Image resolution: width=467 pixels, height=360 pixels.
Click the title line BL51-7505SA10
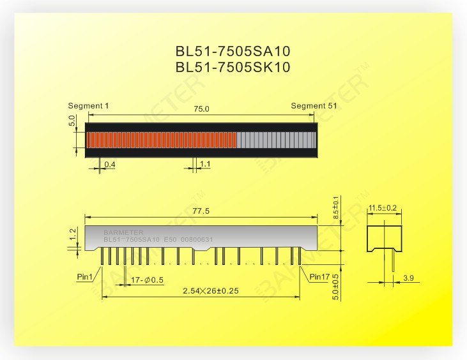pyautogui.click(x=233, y=51)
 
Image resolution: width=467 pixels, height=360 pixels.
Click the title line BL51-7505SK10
pyautogui.click(x=233, y=67)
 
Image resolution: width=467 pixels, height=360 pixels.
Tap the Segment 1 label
pyautogui.click(x=88, y=105)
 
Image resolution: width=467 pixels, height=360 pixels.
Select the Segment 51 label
pyautogui.click(x=314, y=105)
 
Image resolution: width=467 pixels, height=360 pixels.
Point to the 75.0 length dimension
pyautogui.click(x=201, y=109)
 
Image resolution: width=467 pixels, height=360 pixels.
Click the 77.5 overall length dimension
pyautogui.click(x=201, y=211)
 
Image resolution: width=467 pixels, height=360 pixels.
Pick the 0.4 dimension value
pyautogui.click(x=110, y=165)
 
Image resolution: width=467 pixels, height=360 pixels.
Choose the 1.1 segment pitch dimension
pyautogui.click(x=205, y=163)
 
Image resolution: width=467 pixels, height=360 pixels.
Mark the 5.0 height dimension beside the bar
pyautogui.click(x=72, y=121)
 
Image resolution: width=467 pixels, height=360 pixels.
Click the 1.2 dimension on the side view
pyautogui.click(x=73, y=234)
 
